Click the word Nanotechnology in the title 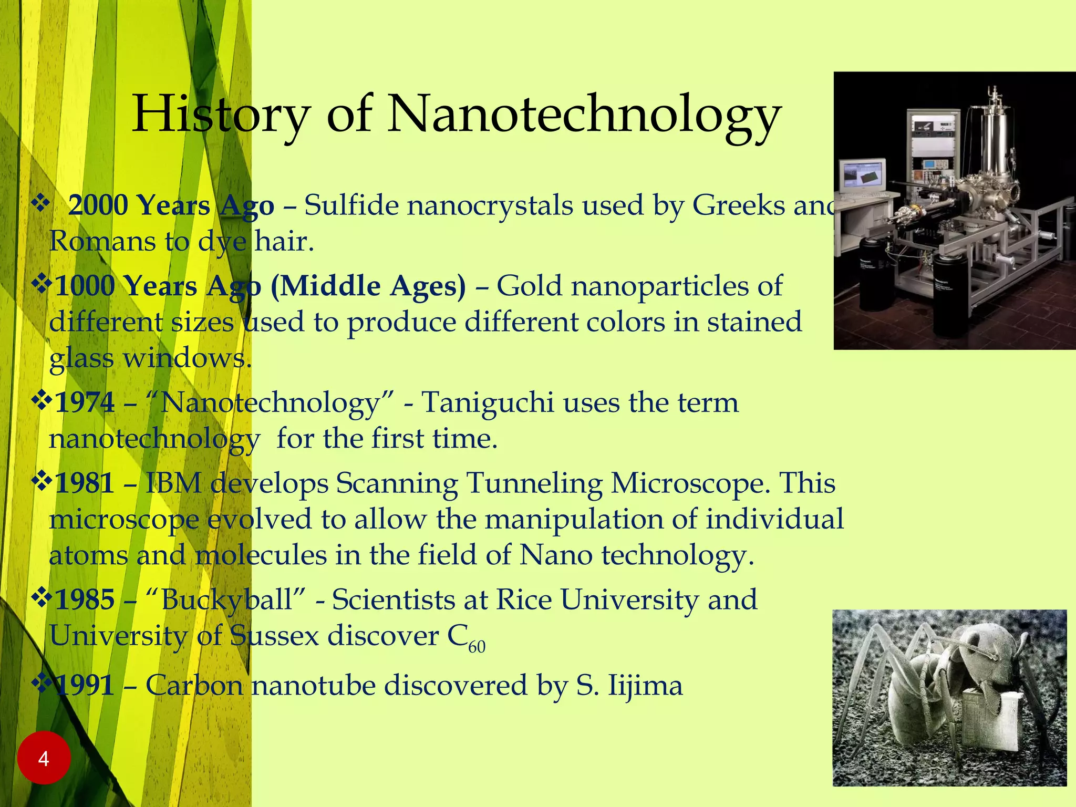[x=583, y=115]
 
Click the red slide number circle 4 [x=44, y=758]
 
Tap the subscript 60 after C [x=477, y=647]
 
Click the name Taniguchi [x=488, y=403]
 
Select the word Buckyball [x=226, y=600]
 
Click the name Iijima [x=645, y=686]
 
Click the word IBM [x=173, y=483]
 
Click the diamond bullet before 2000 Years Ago [x=40, y=203]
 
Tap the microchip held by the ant [x=995, y=722]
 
